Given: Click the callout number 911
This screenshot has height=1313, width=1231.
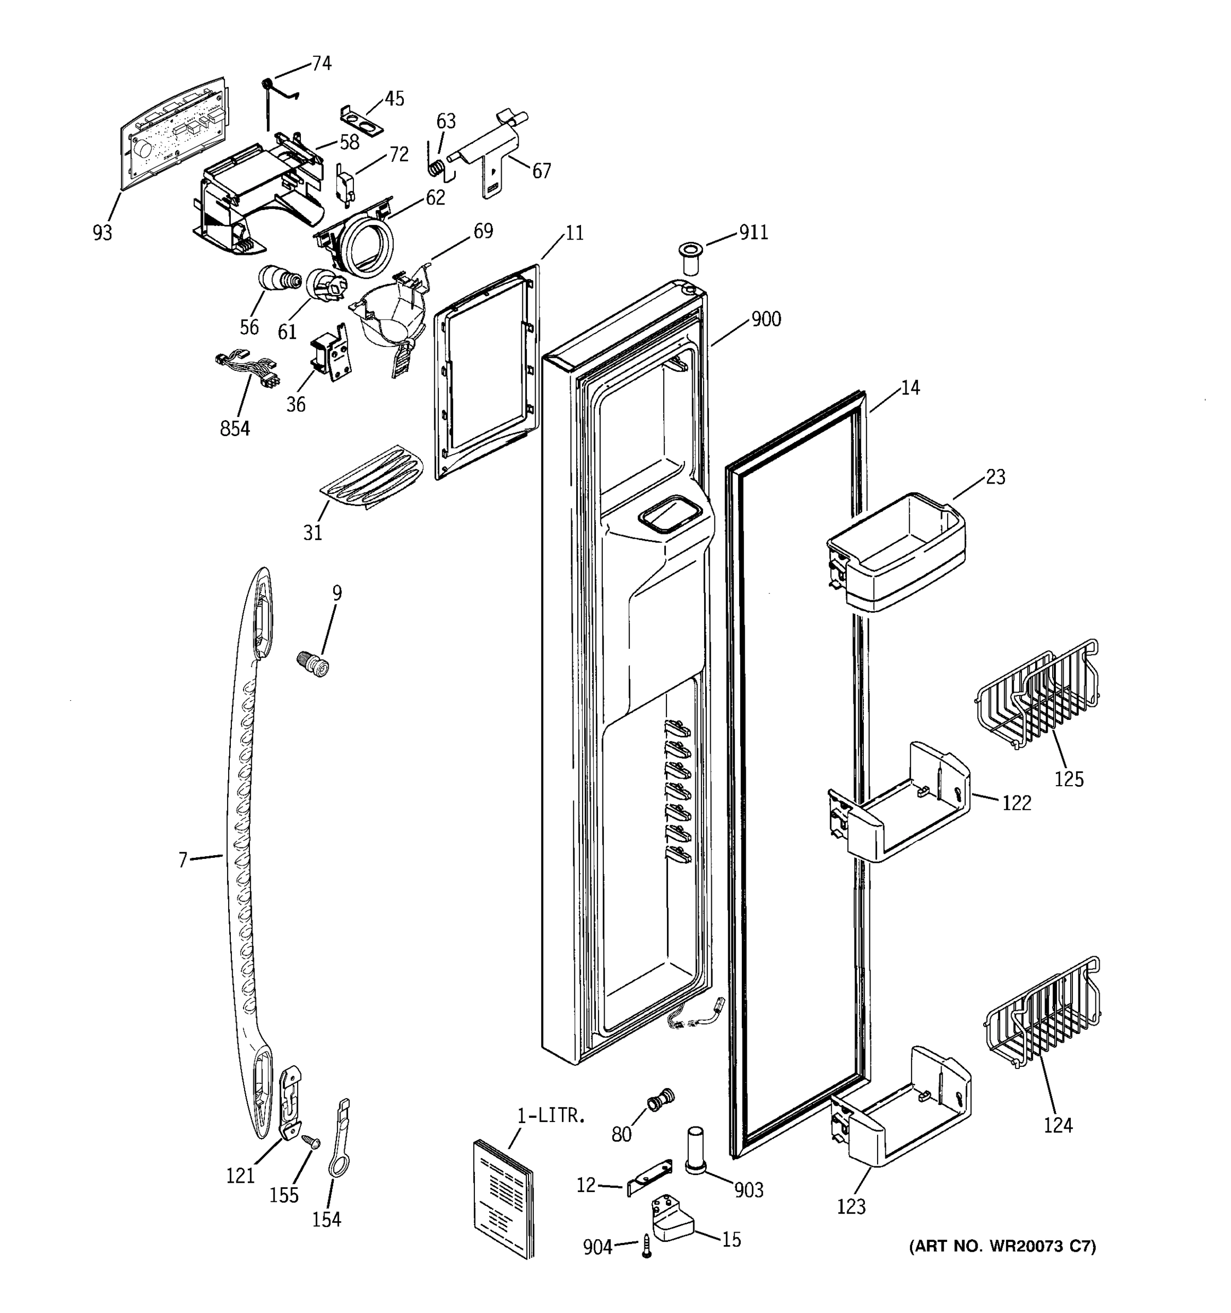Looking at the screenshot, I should [x=753, y=233].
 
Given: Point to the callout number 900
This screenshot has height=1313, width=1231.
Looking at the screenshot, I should [x=765, y=319].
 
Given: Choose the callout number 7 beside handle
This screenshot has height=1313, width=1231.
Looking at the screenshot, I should [x=183, y=860].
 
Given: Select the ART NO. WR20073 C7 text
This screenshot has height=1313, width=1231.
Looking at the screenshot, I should [x=1002, y=1246].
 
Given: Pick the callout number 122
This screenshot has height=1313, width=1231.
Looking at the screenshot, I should [x=1017, y=803].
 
